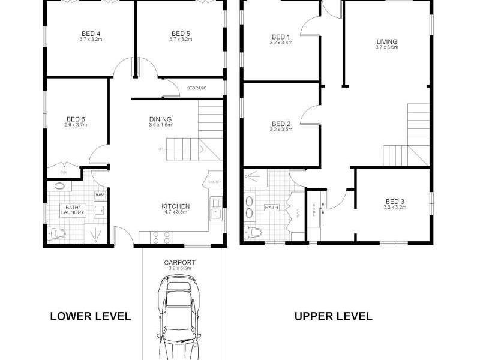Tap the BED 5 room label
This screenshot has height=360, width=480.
point(181,34)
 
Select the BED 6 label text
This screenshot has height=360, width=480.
point(76,119)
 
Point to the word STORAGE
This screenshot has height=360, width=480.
point(196,88)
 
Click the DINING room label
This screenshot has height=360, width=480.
point(160,119)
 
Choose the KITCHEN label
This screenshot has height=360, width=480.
point(176,206)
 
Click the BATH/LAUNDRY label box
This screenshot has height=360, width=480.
point(73,209)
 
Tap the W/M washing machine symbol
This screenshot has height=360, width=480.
point(100,195)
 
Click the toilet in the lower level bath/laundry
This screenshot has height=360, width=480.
point(56,233)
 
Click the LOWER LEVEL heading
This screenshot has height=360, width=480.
point(91,316)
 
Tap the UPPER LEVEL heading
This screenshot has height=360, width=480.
point(333,316)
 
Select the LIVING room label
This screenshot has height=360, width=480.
point(386,42)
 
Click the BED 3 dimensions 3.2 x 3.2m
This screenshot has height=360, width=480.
point(395,207)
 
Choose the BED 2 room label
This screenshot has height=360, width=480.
point(280,124)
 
